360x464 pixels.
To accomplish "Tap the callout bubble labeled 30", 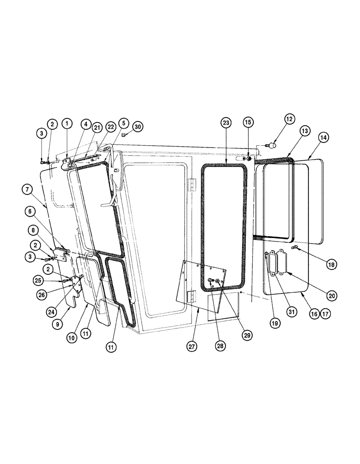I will (138, 127).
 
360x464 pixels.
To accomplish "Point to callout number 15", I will (248, 123).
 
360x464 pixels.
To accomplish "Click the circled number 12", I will (289, 120).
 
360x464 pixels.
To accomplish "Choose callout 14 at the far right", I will (323, 137).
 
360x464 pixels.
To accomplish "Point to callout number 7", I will (27, 189).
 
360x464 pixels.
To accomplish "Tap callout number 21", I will (96, 128).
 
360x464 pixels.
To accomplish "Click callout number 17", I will (325, 314).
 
